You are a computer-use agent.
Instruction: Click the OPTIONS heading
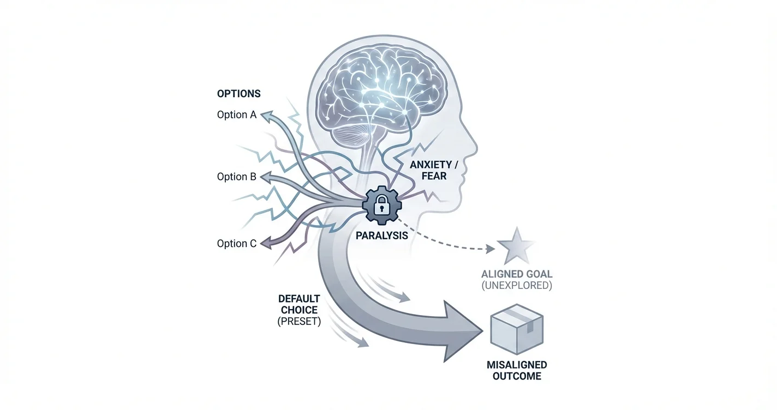238,94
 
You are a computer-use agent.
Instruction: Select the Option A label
236,115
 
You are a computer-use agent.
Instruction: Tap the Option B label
236,177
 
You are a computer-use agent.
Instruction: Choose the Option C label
236,244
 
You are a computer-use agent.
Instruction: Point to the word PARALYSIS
381,237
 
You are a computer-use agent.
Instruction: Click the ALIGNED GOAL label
516,274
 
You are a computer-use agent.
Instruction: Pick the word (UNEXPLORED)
516,286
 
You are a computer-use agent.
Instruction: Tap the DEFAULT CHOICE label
299,304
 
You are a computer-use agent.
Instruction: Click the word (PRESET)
299,322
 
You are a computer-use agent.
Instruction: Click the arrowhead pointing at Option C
266,244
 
